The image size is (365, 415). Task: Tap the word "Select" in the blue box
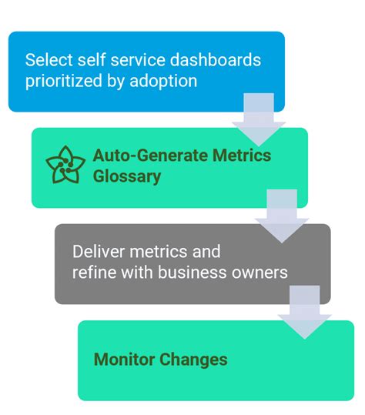pos(45,60)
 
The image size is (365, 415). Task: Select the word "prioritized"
pos(63,79)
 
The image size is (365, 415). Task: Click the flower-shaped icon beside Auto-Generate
pos(65,165)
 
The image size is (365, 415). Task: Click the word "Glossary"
pos(127,176)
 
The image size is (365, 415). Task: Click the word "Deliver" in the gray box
pos(97,252)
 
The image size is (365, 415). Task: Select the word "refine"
pos(92,272)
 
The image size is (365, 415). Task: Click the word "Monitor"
pos(125,359)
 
